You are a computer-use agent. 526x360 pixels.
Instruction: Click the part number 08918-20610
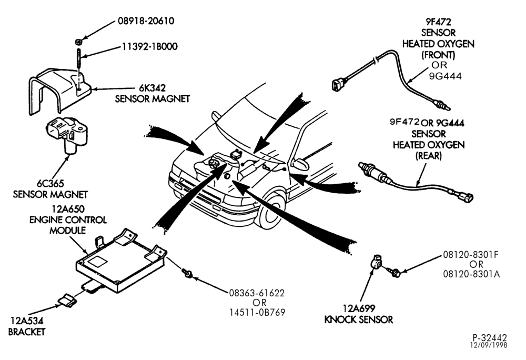(x=146, y=21)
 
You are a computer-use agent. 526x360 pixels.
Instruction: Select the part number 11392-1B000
(x=149, y=46)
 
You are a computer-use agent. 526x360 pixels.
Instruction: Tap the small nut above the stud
(x=78, y=42)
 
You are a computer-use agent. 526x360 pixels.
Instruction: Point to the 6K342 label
(x=153, y=88)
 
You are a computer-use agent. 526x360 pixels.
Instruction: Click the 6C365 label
(x=50, y=184)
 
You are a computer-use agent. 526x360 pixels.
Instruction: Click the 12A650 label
(x=68, y=209)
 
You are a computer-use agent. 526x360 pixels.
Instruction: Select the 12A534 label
(x=27, y=321)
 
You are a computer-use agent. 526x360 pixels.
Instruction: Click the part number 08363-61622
(x=257, y=293)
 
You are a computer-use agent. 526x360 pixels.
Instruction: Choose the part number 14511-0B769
(x=257, y=312)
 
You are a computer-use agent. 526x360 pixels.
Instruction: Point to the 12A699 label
(x=359, y=308)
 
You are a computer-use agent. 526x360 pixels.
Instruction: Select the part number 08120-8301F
(x=471, y=255)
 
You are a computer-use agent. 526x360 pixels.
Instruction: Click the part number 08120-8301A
(x=471, y=274)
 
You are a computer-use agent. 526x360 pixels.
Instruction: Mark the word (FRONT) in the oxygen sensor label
(x=438, y=55)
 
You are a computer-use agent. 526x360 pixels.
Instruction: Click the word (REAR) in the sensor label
(x=429, y=156)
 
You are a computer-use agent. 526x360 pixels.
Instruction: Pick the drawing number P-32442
(x=490, y=337)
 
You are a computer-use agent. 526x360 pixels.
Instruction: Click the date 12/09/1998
(x=489, y=345)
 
